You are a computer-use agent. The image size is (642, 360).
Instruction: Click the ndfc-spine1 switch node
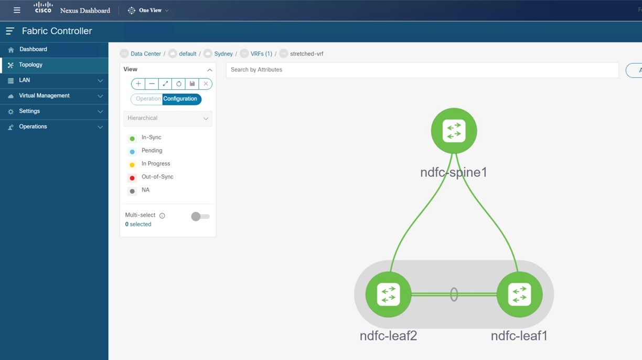coord(454,131)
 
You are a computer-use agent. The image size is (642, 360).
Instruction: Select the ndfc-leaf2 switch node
coord(388,294)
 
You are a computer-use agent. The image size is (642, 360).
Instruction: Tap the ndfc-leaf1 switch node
coord(519,294)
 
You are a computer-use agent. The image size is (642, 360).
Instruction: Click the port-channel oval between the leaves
coord(454,294)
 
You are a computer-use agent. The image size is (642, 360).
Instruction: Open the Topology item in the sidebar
coord(30,65)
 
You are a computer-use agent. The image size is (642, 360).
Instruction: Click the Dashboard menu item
coord(33,49)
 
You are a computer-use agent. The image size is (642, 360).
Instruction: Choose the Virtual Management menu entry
coord(44,96)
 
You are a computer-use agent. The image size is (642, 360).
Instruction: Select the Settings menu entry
coord(29,111)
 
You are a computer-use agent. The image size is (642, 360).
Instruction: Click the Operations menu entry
coord(33,127)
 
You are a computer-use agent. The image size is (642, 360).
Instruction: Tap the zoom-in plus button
coord(138,84)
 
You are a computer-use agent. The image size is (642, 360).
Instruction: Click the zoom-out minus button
coord(152,84)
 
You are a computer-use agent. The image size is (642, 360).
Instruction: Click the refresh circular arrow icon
coord(178,84)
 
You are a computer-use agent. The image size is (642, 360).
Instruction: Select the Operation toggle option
coord(147,99)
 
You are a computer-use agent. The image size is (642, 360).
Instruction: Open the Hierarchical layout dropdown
coord(168,118)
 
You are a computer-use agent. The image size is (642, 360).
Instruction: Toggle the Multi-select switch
coord(200,216)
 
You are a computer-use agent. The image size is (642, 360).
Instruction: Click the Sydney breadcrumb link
coord(223,54)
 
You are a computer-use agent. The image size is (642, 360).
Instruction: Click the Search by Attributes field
coord(422,70)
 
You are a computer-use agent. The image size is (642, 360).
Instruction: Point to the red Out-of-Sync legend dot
coord(132,178)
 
